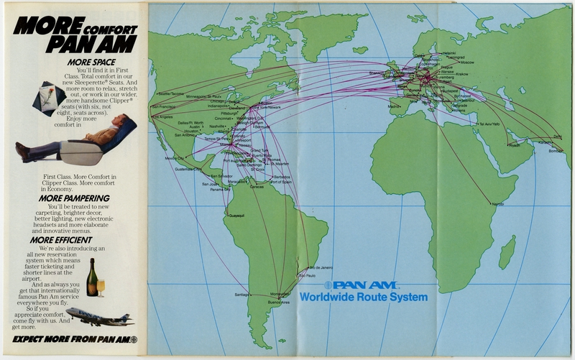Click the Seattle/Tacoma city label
[170, 94]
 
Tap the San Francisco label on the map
[165, 107]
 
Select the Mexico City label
[175, 158]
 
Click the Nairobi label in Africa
[497, 204]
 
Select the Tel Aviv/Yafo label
[489, 124]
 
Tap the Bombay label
[556, 152]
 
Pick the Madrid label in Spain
[393, 106]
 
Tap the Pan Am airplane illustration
[99, 315]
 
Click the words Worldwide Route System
[363, 297]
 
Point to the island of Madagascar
[507, 251]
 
